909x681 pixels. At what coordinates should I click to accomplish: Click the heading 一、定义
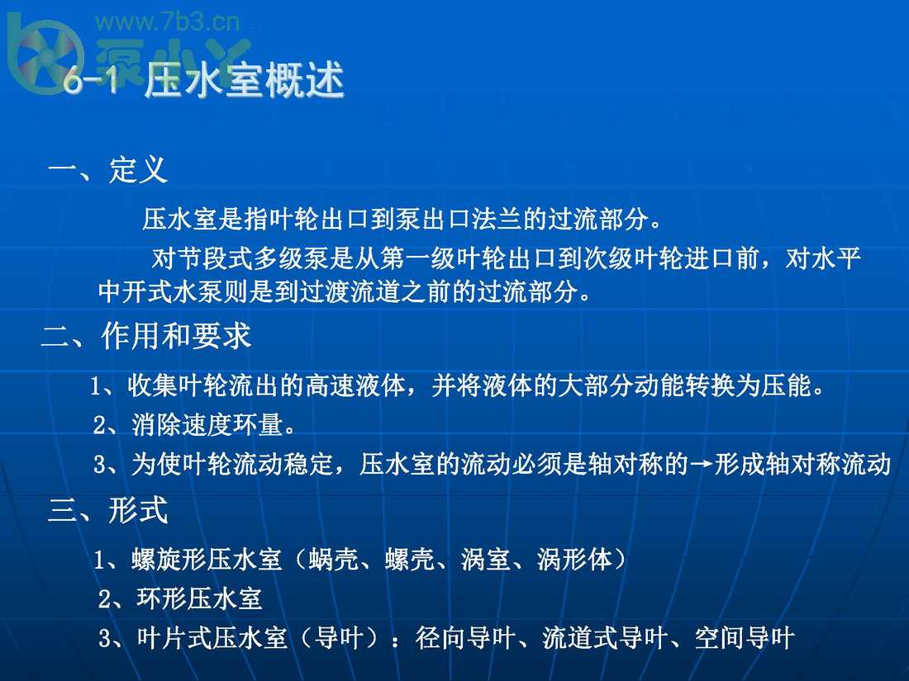(x=108, y=171)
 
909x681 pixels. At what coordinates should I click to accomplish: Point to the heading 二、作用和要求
(x=146, y=337)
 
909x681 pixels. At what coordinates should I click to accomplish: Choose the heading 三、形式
(x=108, y=511)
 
